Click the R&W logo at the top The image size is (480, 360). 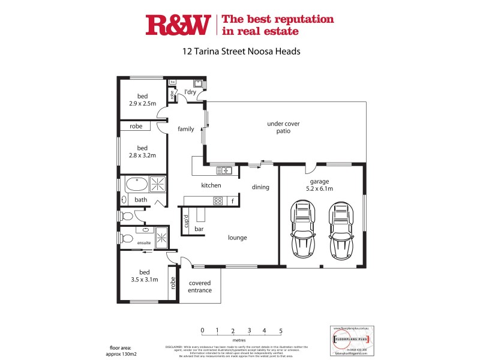[178, 25]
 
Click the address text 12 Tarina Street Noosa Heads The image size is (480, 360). [241, 52]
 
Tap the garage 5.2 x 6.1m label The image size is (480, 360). [321, 185]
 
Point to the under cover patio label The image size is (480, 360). [283, 127]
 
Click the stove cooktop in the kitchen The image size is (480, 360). [218, 201]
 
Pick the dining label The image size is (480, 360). [260, 187]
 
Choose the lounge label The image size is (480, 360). [237, 238]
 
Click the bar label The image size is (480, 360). [199, 229]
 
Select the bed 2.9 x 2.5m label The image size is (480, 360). [142, 100]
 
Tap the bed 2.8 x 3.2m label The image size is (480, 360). [142, 152]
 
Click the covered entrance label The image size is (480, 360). [200, 287]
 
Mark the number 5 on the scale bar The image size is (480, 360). [280, 330]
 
